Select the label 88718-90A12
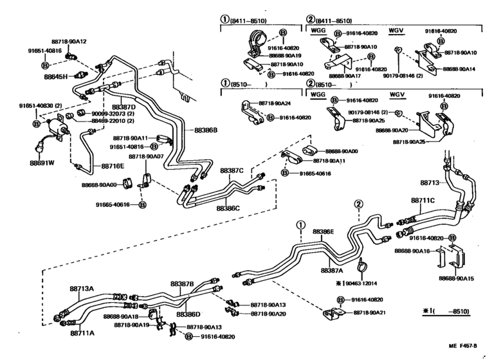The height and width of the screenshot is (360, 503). [69, 41]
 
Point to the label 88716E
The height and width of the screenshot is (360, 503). [113, 165]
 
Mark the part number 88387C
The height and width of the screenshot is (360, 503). [232, 171]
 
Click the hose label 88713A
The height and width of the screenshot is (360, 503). [82, 289]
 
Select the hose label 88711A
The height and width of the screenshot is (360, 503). [82, 333]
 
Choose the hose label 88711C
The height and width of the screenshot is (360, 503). [423, 201]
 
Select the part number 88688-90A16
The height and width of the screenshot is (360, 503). [412, 250]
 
